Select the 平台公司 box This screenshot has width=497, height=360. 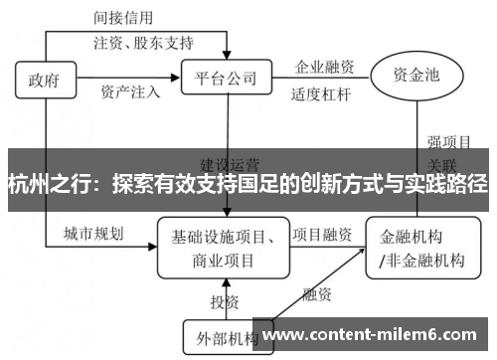point(226,78)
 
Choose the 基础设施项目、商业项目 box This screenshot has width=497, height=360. point(223,249)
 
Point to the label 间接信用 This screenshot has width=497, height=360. point(126,18)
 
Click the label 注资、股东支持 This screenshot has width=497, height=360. point(143,44)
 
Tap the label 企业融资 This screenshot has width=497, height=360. point(324,68)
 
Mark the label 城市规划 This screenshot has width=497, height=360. point(93,234)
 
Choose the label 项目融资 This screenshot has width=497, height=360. point(321,235)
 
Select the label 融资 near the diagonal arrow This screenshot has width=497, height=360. point(317,294)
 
